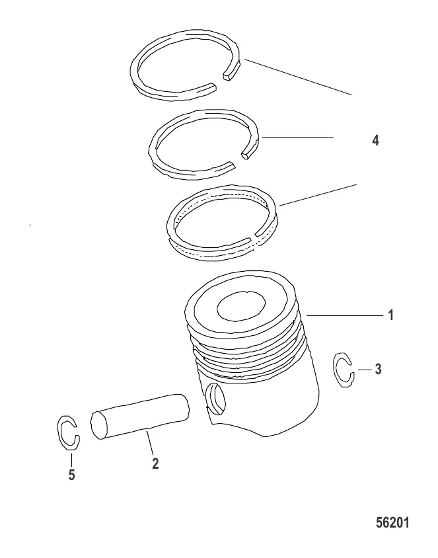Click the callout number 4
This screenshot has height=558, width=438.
tap(375, 141)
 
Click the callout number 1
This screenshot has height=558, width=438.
tap(390, 315)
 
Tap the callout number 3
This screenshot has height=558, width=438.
tap(379, 369)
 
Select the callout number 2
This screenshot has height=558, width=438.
tap(155, 463)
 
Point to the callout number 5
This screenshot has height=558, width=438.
tap(72, 475)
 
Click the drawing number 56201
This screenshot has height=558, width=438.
tap(393, 523)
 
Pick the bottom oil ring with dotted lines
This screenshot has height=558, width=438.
tap(170, 227)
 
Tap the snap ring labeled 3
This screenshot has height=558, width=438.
tap(336, 370)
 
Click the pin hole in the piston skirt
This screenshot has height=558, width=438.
tap(216, 399)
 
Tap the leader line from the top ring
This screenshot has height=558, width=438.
tap(298, 77)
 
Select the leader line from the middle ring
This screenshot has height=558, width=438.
tap(297, 137)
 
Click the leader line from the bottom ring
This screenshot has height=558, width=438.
tap(318, 195)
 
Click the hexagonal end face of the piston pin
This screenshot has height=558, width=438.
tap(99, 425)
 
